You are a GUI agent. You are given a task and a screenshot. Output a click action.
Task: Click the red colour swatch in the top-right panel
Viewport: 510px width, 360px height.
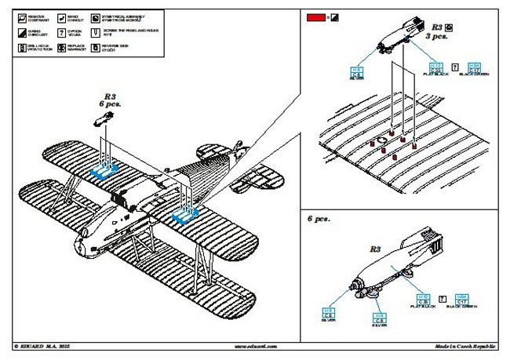pyautogui.click(x=316, y=16)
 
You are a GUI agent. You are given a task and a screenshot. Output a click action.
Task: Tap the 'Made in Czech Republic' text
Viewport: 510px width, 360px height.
pyautogui.click(x=468, y=346)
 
